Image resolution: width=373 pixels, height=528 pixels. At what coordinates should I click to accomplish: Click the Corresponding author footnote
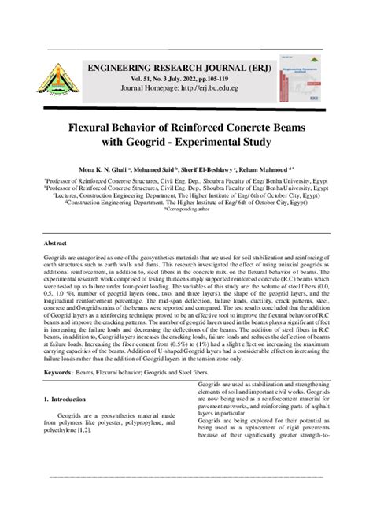coord(186,210)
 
